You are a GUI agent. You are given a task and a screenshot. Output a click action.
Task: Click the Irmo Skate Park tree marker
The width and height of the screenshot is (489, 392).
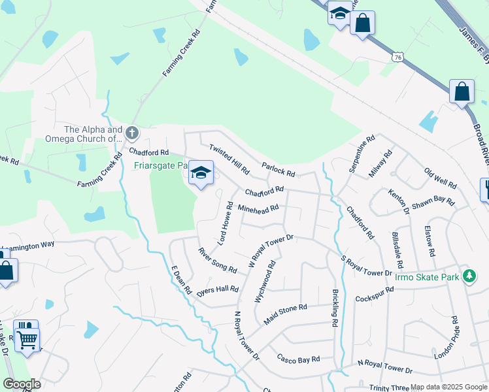point(469,276)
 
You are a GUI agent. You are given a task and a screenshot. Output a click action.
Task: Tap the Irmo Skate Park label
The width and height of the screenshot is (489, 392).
point(428,277)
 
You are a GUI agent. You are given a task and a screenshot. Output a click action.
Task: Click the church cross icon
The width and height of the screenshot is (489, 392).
point(131,134)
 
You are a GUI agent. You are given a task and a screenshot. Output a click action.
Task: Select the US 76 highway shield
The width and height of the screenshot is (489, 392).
point(397,57)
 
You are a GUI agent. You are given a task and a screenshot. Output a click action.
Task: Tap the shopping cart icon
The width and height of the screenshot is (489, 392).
point(27,338)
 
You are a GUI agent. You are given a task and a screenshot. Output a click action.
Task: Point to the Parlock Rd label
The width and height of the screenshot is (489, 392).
point(278,169)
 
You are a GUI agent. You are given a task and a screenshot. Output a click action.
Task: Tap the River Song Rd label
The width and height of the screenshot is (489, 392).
point(218,259)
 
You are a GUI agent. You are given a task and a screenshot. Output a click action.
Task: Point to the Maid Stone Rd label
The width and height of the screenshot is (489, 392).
point(285,314)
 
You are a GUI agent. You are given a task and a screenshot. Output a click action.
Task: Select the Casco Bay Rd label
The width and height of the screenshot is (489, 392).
point(298,358)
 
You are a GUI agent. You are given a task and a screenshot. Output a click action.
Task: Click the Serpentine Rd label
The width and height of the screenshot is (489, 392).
point(362,154)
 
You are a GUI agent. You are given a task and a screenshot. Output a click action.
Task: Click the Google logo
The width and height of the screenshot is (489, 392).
point(22,384)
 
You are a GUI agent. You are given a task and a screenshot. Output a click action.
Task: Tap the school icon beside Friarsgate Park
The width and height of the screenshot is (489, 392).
point(201,173)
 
